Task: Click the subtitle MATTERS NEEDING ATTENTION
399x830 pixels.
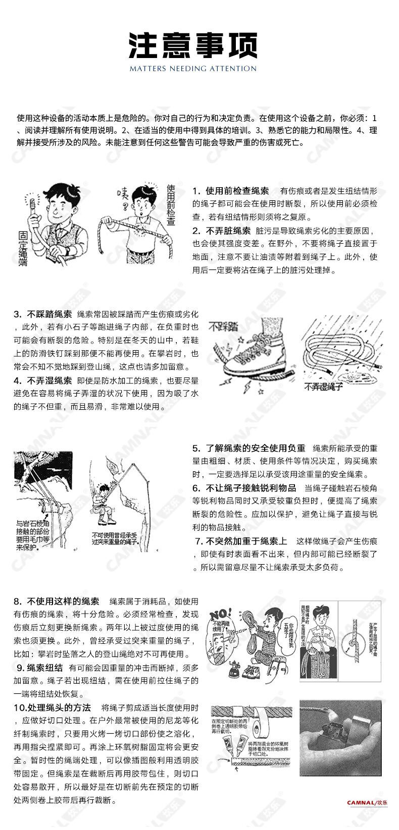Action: tap(192, 69)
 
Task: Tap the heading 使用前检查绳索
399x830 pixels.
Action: tap(237, 191)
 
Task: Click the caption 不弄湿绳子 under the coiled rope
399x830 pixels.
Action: tap(323, 387)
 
